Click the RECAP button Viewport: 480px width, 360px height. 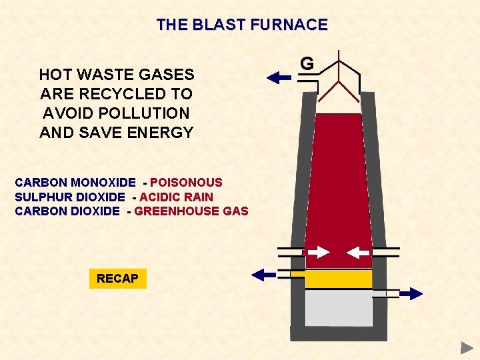point(117,279)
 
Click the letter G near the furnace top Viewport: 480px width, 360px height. point(307,63)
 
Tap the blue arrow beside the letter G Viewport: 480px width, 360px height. point(279,78)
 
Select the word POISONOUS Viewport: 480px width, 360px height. point(186,182)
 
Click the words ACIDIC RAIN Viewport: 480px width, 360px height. point(176,197)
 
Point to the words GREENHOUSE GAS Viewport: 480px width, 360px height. point(191,211)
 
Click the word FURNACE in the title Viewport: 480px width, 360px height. point(291,25)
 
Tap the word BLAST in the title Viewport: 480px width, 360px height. point(217,25)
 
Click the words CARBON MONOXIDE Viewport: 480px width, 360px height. point(75,182)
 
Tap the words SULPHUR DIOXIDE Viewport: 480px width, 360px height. point(69,197)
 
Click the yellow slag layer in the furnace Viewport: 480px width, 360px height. point(339,279)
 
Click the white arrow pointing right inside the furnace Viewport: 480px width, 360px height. point(319,252)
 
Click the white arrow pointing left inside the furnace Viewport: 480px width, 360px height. point(359,252)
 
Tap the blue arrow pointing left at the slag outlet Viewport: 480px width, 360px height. point(263,273)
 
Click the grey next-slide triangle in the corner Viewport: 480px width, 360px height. point(466,347)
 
